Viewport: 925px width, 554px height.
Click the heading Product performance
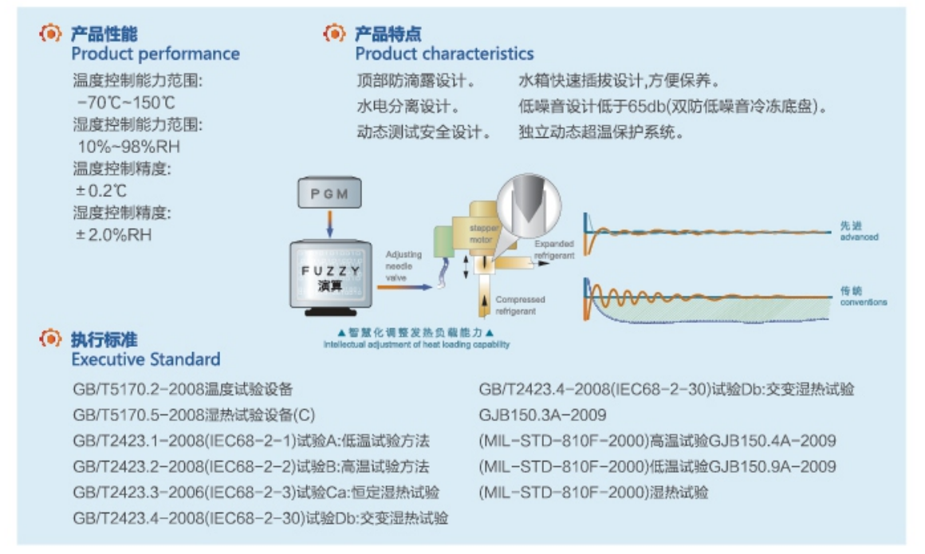click(x=155, y=54)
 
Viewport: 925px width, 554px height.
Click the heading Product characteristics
click(x=444, y=54)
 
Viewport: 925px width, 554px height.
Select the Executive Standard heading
click(x=145, y=359)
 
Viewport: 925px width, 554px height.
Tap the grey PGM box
click(x=329, y=194)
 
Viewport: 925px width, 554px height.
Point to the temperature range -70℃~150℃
click(x=126, y=104)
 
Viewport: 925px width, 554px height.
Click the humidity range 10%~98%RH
click(x=128, y=147)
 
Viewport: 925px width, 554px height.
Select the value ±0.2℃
click(x=101, y=191)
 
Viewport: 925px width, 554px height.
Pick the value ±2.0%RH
click(x=114, y=235)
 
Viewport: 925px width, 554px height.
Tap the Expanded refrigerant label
click(x=554, y=249)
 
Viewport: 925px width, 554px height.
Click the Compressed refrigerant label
click(x=520, y=305)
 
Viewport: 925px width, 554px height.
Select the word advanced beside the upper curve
click(x=859, y=238)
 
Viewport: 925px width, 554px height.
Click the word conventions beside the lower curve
click(x=863, y=303)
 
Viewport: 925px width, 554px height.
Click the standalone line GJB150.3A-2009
click(x=542, y=415)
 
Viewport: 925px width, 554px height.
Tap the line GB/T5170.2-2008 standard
click(x=183, y=390)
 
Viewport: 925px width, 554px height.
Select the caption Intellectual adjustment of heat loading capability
click(x=415, y=344)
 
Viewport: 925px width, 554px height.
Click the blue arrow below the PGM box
click(x=329, y=223)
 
